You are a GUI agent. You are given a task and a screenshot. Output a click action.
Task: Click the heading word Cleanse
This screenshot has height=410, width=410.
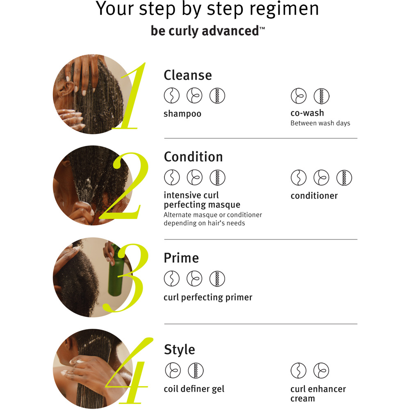coord(188,75)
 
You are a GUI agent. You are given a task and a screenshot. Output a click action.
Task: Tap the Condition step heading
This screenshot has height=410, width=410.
coord(193,157)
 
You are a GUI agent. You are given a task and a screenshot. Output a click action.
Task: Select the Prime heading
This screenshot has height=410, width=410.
coord(181,258)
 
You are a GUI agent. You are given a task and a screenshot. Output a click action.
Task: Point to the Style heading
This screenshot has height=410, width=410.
coord(180,350)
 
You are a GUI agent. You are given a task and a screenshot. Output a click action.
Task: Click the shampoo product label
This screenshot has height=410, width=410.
coord(182,114)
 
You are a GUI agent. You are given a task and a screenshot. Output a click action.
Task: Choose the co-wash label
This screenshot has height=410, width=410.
coord(307,113)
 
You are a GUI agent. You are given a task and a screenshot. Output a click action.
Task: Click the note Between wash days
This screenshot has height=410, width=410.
coord(320,123)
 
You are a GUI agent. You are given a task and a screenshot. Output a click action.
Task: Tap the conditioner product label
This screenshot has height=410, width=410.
coord(314,196)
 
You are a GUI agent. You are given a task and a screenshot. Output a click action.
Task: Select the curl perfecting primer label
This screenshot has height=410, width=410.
coord(208,298)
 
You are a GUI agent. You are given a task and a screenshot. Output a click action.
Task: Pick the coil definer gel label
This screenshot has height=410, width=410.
coord(194,389)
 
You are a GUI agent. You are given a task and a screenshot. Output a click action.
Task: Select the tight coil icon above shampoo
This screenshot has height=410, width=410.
coord(217,96)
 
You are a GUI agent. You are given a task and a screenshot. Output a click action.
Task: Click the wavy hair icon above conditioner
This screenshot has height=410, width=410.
coord(298,178)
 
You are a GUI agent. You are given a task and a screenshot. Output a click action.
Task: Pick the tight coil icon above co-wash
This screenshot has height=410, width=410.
coord(321,96)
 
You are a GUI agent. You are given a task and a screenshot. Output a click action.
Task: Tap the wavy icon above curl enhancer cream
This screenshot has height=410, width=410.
coord(298,371)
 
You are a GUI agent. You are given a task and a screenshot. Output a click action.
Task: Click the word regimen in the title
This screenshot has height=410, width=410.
coord(284,9)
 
